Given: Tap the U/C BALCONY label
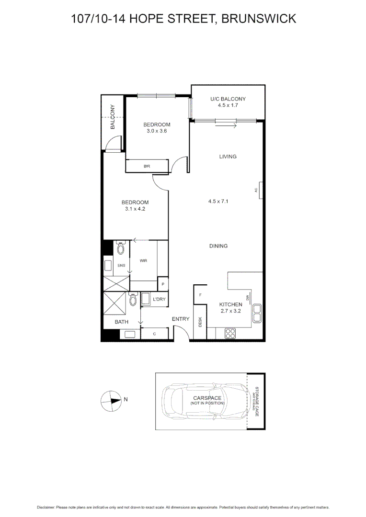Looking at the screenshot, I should [x=228, y=99].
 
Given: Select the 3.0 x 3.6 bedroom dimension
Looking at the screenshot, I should [x=157, y=131].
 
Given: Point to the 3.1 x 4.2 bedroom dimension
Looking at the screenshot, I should [x=135, y=209].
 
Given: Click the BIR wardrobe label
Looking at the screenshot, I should [x=147, y=166].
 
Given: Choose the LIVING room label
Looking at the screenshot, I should [x=228, y=157].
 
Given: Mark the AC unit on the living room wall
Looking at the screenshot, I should [x=259, y=190].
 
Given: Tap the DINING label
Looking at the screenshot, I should [x=218, y=246].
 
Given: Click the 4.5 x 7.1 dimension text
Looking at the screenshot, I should [x=218, y=202].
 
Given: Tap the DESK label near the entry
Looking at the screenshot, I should [x=200, y=323].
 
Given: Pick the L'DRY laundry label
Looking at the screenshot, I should [x=159, y=300].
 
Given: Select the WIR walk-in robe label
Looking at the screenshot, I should [x=143, y=261].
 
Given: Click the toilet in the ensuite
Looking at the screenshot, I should [x=120, y=248].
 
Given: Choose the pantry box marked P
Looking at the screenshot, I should [x=163, y=284].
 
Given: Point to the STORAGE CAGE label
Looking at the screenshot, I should [x=257, y=401].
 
